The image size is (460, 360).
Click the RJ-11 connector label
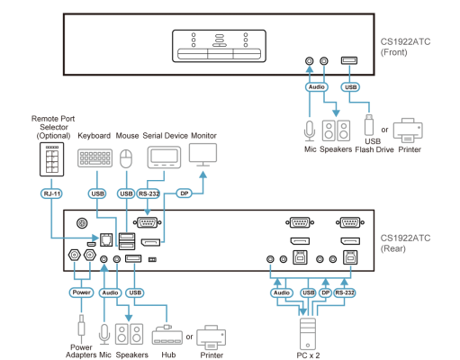click(x=51, y=193)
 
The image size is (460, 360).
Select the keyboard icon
click(x=95, y=157)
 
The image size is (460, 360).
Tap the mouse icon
click(x=126, y=158)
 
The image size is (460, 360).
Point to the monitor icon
click(x=203, y=155)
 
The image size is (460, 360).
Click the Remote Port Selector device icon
click(x=52, y=159)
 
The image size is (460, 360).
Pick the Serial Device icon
click(x=164, y=157)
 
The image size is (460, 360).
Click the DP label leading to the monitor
click(x=185, y=193)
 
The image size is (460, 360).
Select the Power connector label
click(x=81, y=292)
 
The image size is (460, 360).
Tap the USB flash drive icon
click(x=369, y=125)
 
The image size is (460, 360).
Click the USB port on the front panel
click(x=349, y=60)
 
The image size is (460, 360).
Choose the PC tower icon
click(x=308, y=334)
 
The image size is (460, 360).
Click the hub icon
click(x=167, y=335)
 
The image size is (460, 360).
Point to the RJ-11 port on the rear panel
click(x=106, y=239)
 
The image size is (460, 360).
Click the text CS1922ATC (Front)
click(x=405, y=47)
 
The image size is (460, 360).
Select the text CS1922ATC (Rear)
click(x=405, y=243)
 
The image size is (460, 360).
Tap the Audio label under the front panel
click(x=317, y=87)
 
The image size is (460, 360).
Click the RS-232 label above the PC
click(x=345, y=292)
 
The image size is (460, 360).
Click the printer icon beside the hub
click(x=212, y=337)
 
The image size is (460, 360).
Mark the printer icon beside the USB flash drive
click(x=408, y=130)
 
